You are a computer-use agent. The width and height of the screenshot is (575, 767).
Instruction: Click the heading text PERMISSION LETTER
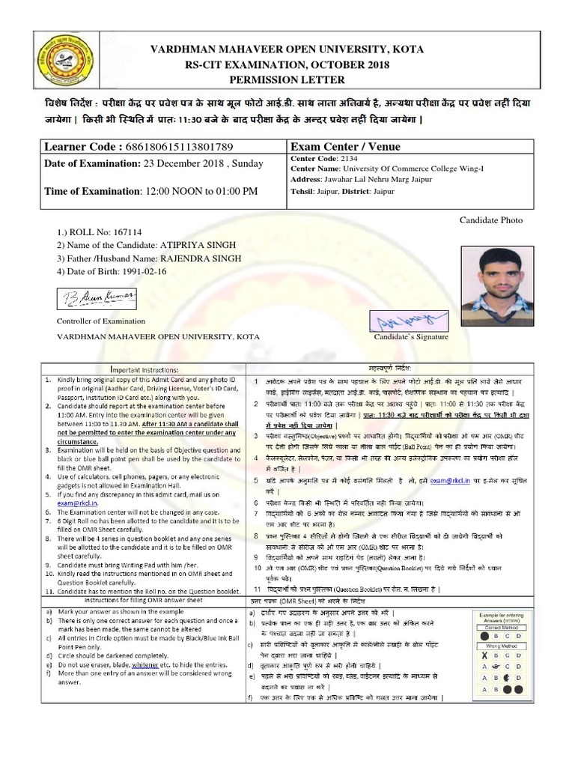click(x=287, y=80)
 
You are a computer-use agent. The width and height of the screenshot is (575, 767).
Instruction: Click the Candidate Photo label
click(x=491, y=219)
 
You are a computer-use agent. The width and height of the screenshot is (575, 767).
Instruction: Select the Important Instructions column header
click(x=144, y=369)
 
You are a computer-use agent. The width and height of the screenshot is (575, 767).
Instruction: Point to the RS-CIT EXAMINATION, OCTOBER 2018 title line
click(x=287, y=64)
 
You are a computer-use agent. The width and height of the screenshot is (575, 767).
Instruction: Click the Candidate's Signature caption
click(x=411, y=337)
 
